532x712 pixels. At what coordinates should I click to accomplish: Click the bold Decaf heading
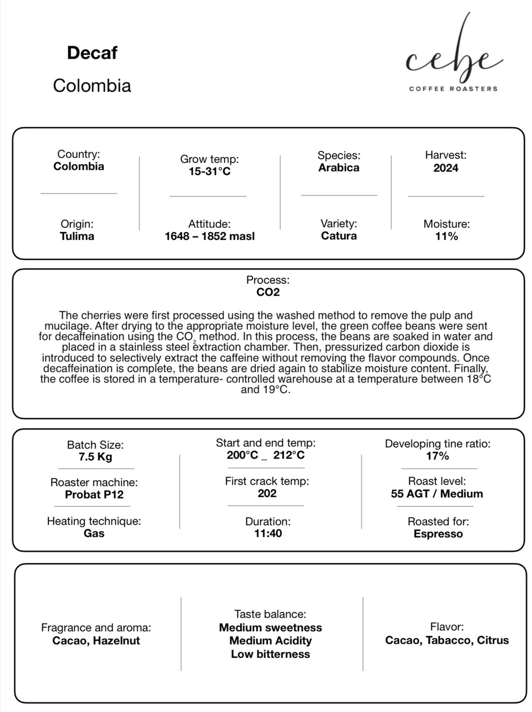92,53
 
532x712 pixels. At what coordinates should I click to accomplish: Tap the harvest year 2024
446,168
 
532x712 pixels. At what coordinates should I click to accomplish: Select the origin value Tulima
77,236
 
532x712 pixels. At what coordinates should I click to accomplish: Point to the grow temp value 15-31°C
210,172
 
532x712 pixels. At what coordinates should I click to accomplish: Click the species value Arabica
339,168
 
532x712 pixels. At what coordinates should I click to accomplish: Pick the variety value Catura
339,236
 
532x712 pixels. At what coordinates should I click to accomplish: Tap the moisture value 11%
446,236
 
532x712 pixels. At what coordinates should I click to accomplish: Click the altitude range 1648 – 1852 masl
210,236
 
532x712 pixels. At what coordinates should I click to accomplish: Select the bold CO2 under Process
268,292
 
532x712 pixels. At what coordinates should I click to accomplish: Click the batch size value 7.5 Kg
95,457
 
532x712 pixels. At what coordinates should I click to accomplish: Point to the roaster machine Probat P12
94,495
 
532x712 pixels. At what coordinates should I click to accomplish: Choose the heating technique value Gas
94,533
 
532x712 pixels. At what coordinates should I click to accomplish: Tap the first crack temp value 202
267,493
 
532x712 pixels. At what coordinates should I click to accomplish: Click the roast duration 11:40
268,533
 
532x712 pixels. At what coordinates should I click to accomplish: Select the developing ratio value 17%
438,456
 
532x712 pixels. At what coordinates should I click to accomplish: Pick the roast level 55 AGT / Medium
437,494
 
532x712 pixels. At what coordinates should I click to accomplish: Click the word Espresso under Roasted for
438,534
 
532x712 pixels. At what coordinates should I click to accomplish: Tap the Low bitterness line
270,654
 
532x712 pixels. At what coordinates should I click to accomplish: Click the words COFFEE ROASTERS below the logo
453,89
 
